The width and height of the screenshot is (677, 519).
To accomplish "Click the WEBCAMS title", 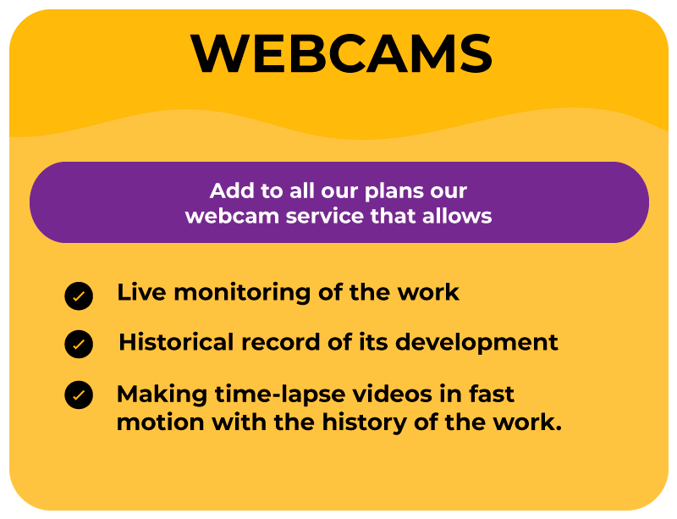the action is (x=341, y=53).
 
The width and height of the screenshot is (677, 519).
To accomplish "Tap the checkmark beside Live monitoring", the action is (x=79, y=296).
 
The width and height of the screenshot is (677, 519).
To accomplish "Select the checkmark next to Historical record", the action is (x=79, y=345).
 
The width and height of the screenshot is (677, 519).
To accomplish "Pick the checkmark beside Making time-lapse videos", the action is (x=79, y=395).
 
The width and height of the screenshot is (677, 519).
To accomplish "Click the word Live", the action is (x=141, y=292).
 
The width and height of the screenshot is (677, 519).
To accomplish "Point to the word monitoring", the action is (x=242, y=294).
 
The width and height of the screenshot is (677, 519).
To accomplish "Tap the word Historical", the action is (x=176, y=342).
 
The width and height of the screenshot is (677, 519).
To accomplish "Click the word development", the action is (x=476, y=344).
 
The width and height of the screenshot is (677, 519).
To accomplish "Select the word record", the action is (x=281, y=342).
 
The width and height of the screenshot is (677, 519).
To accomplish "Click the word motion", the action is (x=161, y=422).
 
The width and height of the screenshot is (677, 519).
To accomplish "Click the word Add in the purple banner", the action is (x=231, y=190).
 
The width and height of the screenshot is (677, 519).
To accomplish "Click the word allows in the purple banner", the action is (x=457, y=216).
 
